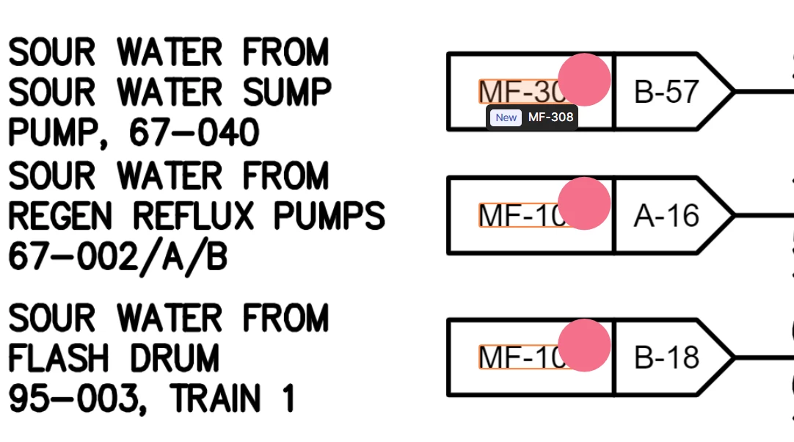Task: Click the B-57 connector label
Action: coord(666,92)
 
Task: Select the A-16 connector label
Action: coord(666,216)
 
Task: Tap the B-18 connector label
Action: coord(666,358)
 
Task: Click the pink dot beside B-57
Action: coord(584,79)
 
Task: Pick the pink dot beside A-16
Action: coord(584,203)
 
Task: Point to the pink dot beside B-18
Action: coord(584,345)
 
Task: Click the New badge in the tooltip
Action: coord(506,117)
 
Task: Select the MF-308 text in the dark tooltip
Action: coord(550,117)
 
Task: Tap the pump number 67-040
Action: coord(194,133)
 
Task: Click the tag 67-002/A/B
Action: coord(117,257)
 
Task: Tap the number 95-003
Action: coord(78,399)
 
